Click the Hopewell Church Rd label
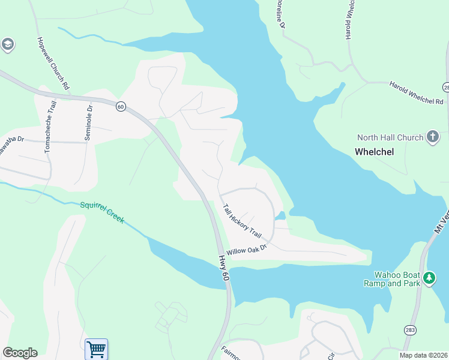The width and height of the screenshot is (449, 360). point(53,62)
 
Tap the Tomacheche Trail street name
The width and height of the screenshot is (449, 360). point(49,127)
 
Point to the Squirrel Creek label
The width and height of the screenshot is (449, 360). point(102,212)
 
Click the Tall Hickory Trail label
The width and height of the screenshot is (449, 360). point(243,221)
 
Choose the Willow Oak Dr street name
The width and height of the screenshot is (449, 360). point(246,247)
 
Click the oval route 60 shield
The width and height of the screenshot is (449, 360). point(120,106)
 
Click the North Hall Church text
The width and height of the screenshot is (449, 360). point(390,137)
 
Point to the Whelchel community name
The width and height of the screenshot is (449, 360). point(374,152)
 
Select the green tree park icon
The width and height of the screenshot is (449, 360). point(429,278)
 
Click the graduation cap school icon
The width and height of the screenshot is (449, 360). point(8,44)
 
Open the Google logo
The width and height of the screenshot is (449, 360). point(20,353)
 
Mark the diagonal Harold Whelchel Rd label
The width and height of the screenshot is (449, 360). point(416,93)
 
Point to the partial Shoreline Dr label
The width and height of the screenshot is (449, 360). point(279,12)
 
